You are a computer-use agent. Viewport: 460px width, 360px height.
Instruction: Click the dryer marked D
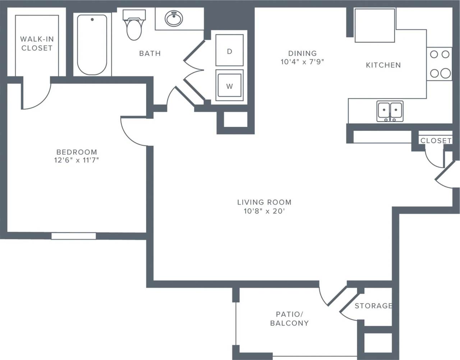229,51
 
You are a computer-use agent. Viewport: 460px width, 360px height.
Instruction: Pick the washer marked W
229,86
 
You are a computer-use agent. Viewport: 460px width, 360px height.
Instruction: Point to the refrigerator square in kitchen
374,25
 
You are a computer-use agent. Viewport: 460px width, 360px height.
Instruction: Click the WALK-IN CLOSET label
37,43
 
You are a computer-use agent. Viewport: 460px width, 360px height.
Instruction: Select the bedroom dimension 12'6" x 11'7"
77,160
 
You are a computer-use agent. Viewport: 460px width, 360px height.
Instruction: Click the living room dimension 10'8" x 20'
264,211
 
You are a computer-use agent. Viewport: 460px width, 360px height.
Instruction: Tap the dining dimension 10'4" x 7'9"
302,62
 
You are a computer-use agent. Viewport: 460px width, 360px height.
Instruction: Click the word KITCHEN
383,65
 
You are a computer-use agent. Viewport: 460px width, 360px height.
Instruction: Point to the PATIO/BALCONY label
289,319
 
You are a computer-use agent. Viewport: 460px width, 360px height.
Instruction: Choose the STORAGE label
373,306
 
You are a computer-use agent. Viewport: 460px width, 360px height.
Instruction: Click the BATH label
150,54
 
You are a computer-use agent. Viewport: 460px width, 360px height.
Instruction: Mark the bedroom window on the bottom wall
74,236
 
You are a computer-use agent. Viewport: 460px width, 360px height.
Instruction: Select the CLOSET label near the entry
436,140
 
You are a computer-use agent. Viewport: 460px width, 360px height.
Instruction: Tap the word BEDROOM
77,152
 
